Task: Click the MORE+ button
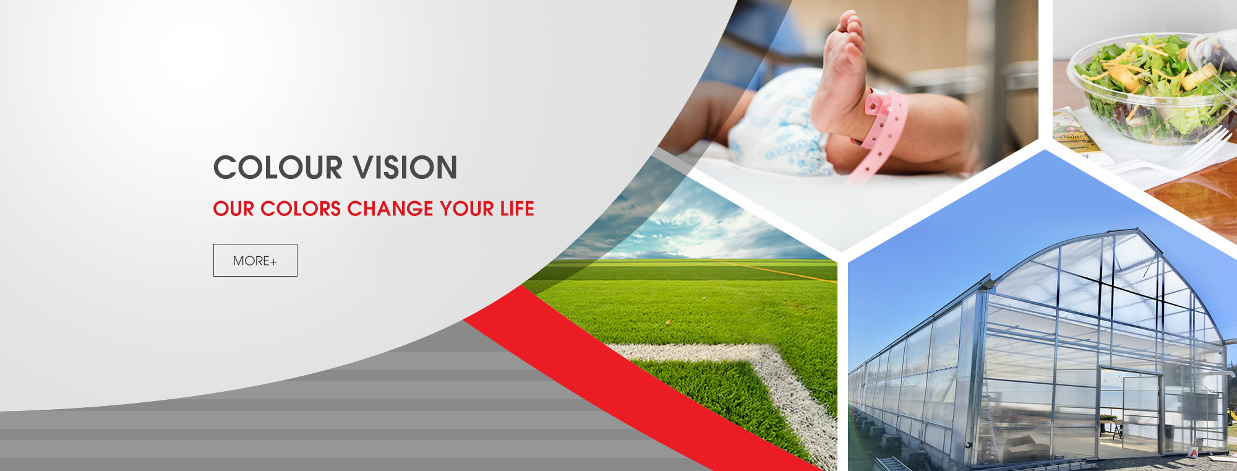[255, 260]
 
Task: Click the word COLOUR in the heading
[278, 168]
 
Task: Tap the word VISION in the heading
[404, 168]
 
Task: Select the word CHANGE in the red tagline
[390, 209]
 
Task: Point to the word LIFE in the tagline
[517, 209]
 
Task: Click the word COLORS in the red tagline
[301, 209]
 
